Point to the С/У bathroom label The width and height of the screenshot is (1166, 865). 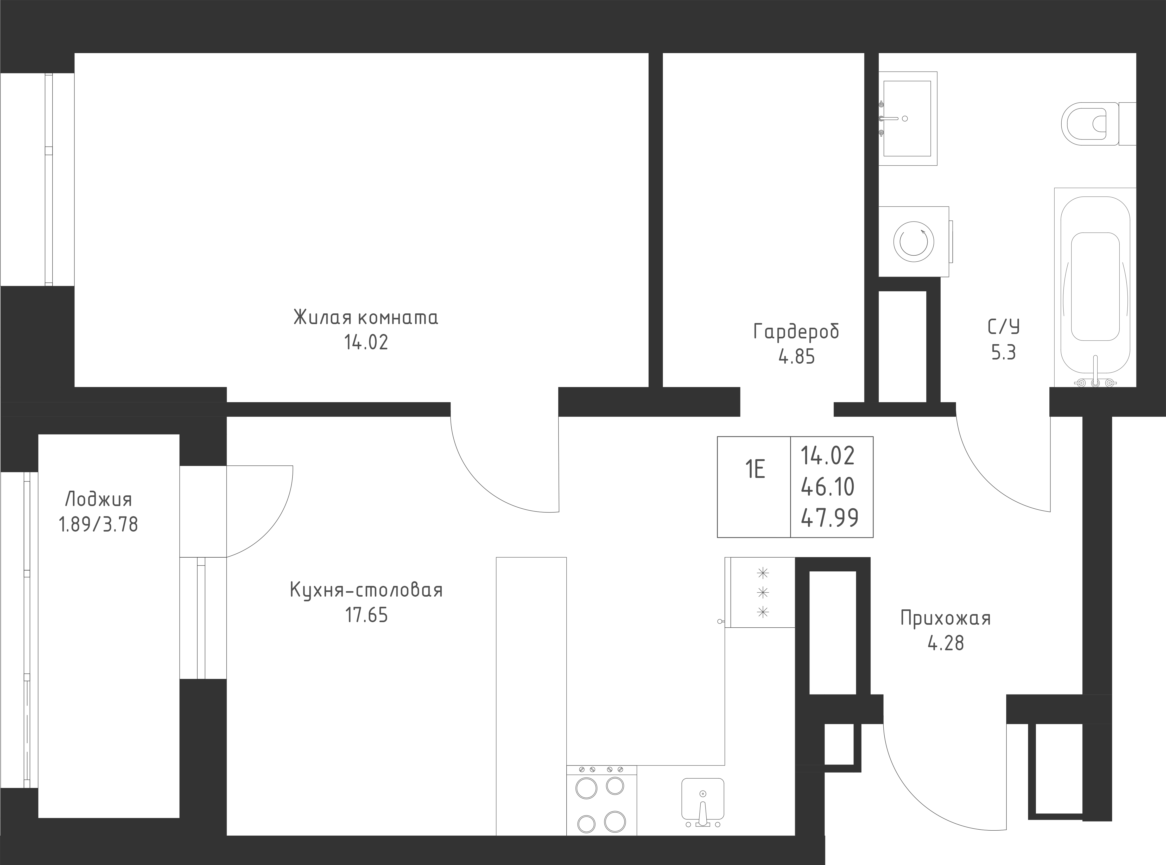(1004, 327)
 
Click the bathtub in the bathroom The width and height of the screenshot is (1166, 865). (1095, 288)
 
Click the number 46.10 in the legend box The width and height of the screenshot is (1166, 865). (828, 487)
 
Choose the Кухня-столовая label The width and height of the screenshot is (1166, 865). (366, 590)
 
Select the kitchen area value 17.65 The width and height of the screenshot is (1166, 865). (366, 615)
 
